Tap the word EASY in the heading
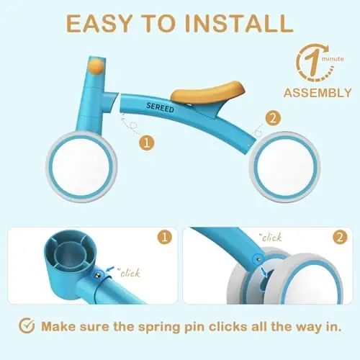99,23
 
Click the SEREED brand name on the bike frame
160,108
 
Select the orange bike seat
208,91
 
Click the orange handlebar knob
96,66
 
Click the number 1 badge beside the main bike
147,143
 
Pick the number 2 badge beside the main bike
273,118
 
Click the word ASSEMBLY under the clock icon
318,93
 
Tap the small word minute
333,59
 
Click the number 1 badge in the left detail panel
165,237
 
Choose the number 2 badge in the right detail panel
340,237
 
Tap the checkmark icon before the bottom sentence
27,325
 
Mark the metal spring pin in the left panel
98,274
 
